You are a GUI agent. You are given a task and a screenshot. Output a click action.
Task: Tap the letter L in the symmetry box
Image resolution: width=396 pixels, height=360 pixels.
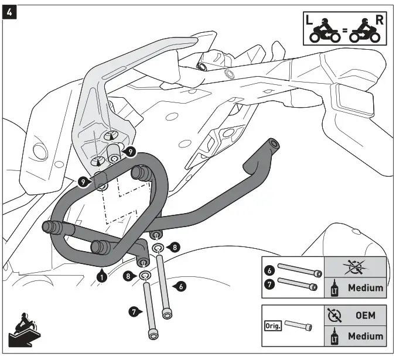click(310, 19)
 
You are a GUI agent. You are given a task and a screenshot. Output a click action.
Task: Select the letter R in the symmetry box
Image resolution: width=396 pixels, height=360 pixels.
click(379, 19)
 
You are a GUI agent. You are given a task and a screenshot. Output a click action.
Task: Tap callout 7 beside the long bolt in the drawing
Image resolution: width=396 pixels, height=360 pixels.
click(134, 311)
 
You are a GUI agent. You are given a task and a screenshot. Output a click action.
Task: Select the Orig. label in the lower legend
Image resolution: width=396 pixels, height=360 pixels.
click(272, 325)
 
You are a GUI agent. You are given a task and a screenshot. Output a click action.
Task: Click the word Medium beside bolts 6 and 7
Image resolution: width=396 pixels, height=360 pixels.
click(366, 287)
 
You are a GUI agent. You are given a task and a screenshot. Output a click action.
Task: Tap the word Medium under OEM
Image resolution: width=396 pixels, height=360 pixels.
click(366, 337)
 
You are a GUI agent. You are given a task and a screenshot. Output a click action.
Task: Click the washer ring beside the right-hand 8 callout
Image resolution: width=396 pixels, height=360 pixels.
click(158, 249)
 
